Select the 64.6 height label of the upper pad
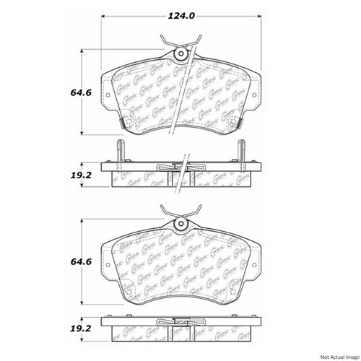click(59, 92)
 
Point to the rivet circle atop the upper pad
click(180, 53)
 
